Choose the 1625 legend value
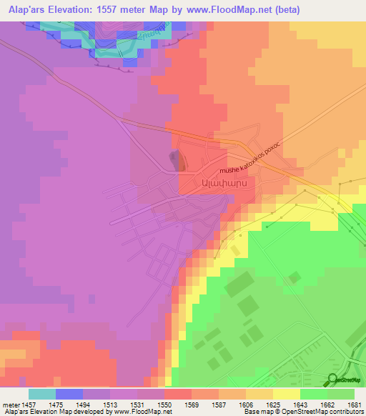(272, 405)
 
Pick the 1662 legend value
(326, 405)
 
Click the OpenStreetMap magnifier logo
(333, 380)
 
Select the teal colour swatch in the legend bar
(42, 394)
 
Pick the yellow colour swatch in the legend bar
(287, 394)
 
